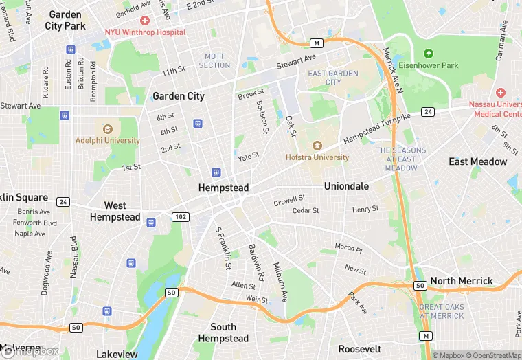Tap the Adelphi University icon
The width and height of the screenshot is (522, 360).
107,128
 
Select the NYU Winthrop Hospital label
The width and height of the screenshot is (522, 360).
145,32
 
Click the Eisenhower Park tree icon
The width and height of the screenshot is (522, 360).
429,54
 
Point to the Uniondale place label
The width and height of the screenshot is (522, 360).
346,186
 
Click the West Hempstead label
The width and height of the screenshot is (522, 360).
115,211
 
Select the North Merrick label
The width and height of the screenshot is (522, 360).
462,281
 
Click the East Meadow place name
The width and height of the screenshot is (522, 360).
478,161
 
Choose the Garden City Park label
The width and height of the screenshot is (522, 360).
65,20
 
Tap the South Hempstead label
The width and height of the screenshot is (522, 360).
223,333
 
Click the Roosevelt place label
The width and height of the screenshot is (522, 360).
360,348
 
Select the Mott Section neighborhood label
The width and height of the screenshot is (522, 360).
215,60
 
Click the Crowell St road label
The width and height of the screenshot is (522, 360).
289,200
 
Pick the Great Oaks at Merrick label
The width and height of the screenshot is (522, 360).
442,311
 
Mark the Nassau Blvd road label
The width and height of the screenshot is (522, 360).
73,257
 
